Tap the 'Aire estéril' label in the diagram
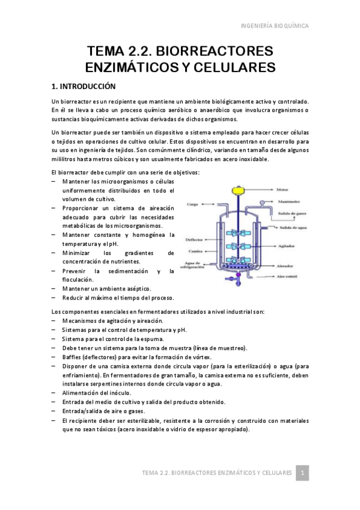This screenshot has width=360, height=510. point(288,277)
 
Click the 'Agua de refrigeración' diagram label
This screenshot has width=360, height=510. point(192,265)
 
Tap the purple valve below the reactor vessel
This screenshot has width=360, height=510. point(238,277)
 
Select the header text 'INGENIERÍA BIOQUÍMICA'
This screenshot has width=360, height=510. point(275,26)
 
